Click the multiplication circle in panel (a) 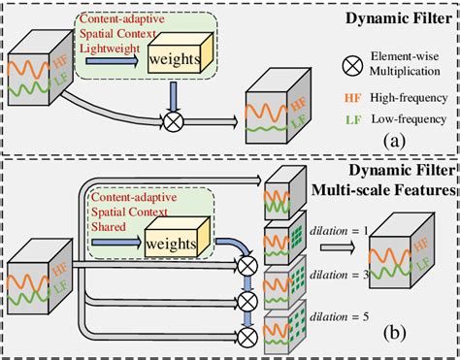click(x=173, y=121)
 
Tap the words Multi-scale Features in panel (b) click(x=388, y=190)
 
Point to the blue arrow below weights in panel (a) click(x=173, y=95)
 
